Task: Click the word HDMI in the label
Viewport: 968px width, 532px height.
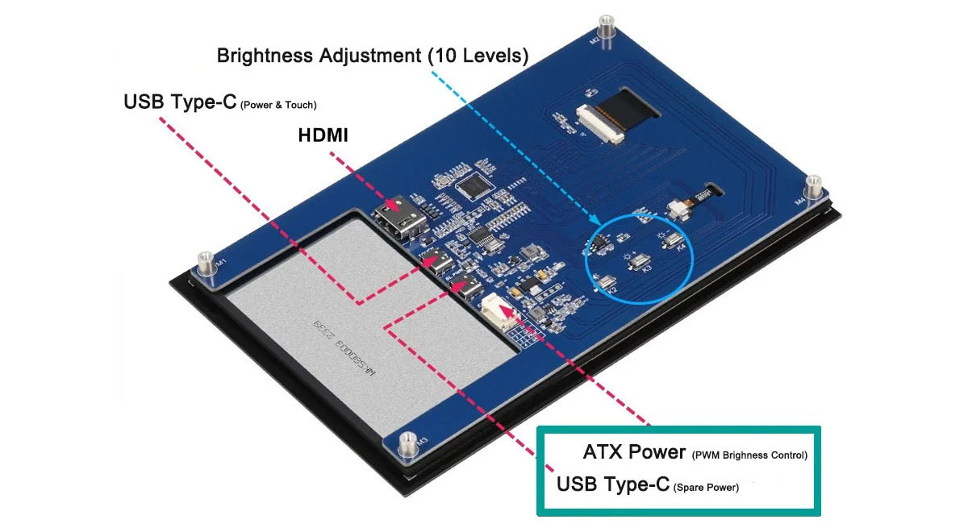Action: click(323, 136)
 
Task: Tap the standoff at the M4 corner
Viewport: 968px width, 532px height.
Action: click(813, 188)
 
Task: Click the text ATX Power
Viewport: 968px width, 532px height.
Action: click(634, 452)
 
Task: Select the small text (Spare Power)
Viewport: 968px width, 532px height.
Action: click(706, 487)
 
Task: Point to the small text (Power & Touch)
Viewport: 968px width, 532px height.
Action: click(278, 105)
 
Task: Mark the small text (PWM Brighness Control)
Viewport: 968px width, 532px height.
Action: click(749, 455)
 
